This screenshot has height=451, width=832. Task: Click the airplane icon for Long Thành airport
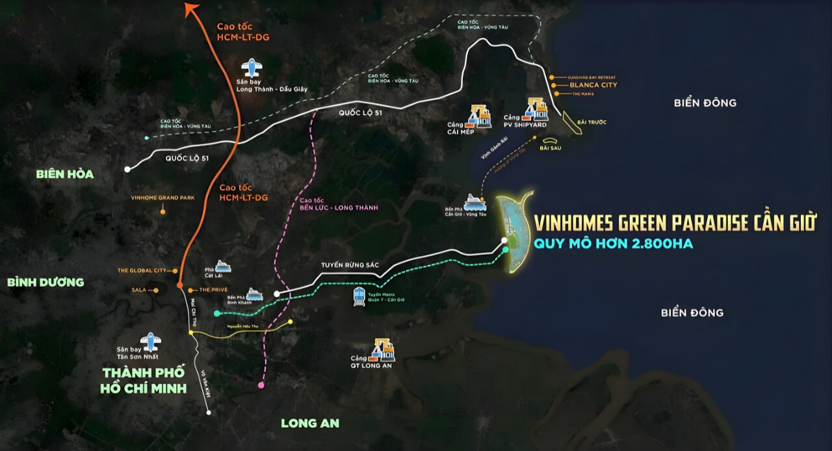point(251,68)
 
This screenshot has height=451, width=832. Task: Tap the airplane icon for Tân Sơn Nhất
point(151,341)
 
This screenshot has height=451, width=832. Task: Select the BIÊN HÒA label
point(65,174)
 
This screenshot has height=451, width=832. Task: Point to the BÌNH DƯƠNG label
point(45,282)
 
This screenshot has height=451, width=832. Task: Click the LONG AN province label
point(310,423)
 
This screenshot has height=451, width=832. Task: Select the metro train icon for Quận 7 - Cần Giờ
point(359,297)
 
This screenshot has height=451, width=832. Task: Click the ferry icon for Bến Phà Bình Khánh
point(254,294)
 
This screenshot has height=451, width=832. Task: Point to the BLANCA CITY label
point(593,85)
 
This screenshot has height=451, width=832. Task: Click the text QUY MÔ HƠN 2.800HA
point(613,244)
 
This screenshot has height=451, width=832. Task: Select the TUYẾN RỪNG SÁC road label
point(350,265)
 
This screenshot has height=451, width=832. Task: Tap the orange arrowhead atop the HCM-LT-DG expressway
point(191,8)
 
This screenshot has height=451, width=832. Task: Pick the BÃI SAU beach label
point(550,148)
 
